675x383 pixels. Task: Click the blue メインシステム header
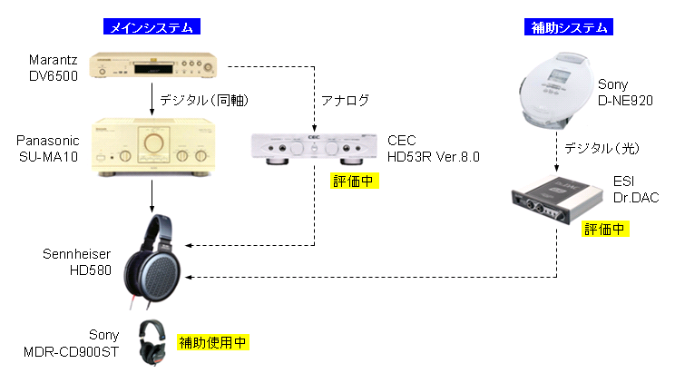coord(152,28)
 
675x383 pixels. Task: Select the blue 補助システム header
coord(568,28)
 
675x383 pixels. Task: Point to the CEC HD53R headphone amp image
coord(314,149)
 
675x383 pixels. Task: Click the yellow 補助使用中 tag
coord(213,342)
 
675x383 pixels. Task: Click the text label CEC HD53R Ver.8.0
coord(432,149)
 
